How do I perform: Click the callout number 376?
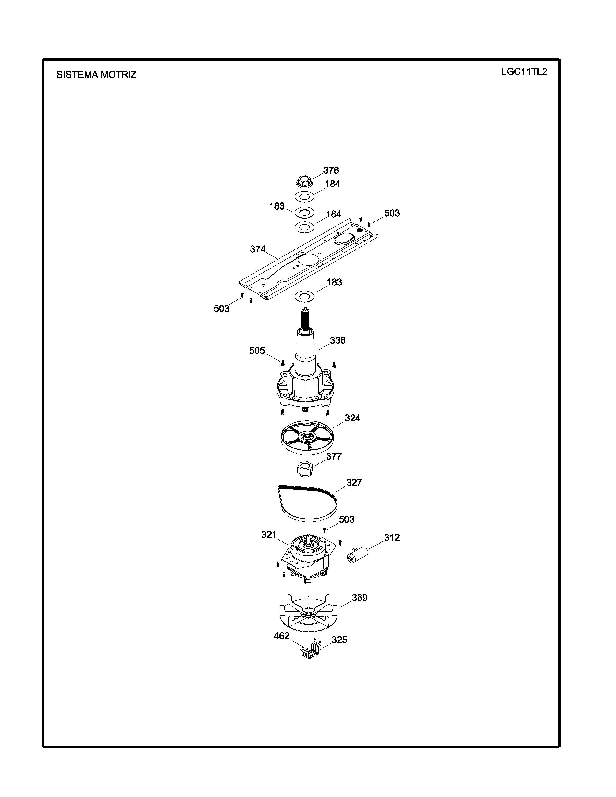tap(331, 171)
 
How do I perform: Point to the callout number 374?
tap(258, 249)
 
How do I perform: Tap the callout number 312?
tap(392, 538)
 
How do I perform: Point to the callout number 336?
tap(337, 341)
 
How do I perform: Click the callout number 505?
tap(257, 351)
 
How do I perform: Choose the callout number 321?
tap(269, 535)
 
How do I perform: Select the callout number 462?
tap(281, 636)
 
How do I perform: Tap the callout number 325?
tap(339, 640)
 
